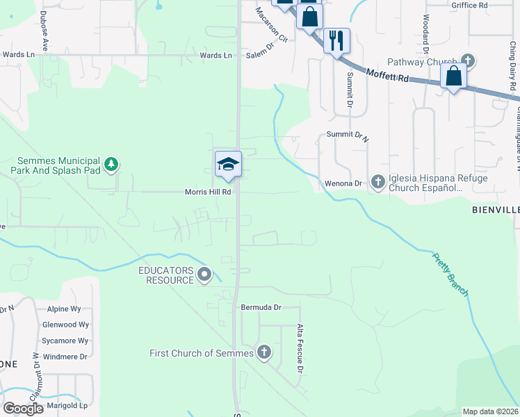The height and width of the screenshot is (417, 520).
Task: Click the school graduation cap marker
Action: coord(228,165)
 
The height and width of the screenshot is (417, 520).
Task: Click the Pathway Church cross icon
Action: coord(468,61)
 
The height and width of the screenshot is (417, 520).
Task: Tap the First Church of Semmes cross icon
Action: coord(263,352)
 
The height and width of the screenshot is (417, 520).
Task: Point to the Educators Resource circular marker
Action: coord(204,275)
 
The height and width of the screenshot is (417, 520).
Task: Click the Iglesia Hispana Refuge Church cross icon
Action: coord(378,182)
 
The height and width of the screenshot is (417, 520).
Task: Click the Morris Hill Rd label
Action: coord(207,192)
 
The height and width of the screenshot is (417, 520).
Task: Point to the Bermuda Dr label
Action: coord(261,306)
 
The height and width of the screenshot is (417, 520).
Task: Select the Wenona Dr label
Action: coord(344,183)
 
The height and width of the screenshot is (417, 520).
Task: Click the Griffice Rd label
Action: coord(469,5)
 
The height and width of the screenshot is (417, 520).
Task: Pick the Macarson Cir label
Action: coord(270,24)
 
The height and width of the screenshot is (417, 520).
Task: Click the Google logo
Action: coord(24,409)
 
